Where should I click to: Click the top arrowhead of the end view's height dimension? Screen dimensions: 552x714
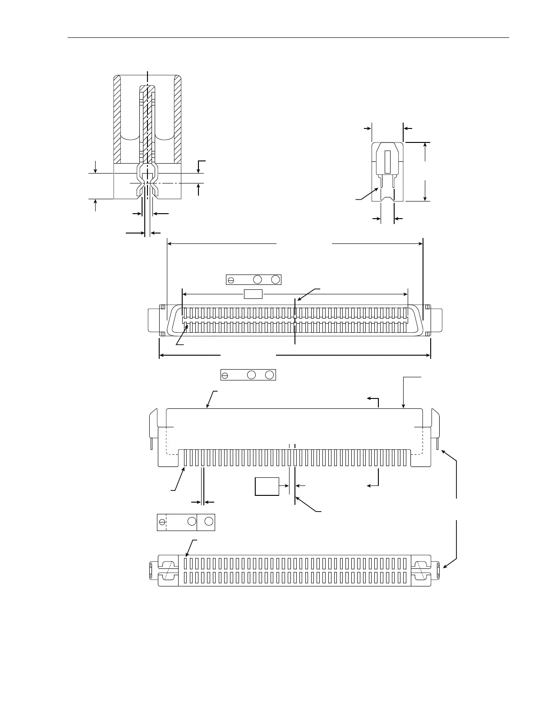coord(425,146)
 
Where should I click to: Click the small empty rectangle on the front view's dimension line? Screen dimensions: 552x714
coord(253,294)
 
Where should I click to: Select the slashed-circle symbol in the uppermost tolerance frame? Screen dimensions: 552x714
coord(231,280)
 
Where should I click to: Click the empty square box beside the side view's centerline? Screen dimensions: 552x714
coord(267,486)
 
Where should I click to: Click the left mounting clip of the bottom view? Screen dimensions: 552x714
coord(167,570)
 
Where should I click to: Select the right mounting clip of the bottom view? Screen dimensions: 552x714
coord(423,570)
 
